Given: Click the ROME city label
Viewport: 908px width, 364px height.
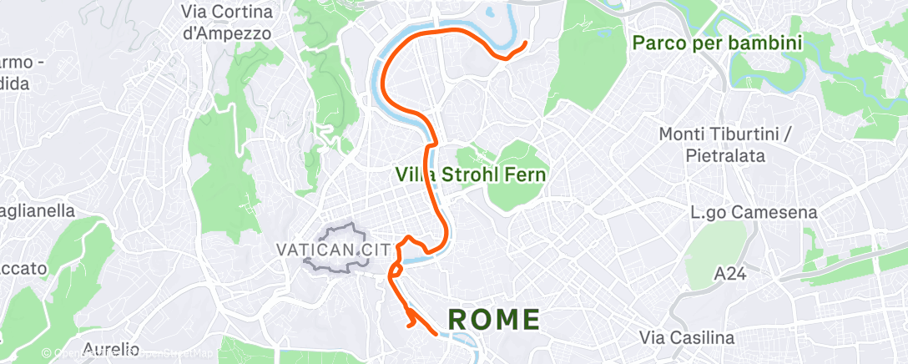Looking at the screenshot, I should tap(494, 319).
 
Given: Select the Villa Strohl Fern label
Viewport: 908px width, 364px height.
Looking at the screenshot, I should tap(471, 175).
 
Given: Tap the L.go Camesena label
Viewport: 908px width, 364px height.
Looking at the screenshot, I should tap(754, 213).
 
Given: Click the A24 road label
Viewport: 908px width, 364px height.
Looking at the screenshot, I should tap(730, 273).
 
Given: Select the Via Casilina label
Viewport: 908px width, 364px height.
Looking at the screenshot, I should tap(687, 338).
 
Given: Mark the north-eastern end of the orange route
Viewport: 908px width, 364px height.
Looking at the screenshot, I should tap(524, 43).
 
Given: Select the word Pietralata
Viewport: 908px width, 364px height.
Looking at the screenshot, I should tap(721, 155).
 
